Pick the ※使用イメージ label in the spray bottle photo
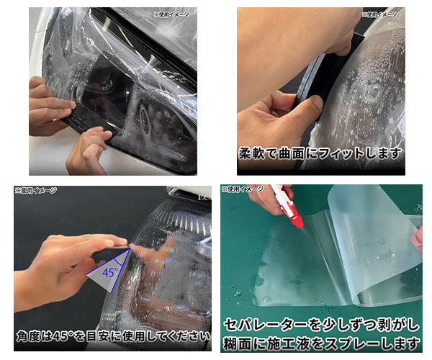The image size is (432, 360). coord(243,189)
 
